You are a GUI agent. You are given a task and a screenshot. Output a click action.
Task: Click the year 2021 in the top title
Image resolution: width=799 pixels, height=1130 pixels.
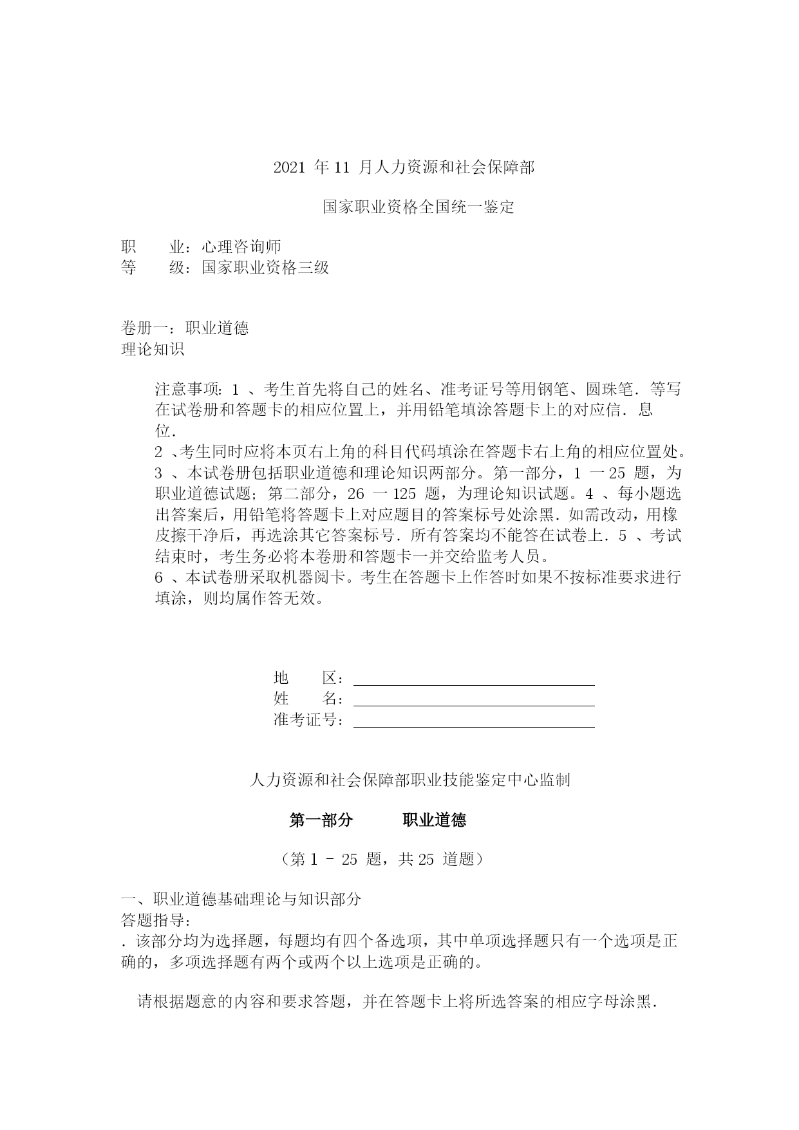(x=288, y=168)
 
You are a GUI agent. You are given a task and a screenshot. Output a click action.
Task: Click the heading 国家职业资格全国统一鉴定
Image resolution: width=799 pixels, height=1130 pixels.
(x=418, y=207)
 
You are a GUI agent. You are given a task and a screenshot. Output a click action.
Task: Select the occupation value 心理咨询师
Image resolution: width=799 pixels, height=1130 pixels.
(x=241, y=247)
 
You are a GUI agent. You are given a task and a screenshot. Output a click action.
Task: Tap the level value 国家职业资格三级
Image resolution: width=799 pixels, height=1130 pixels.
(x=265, y=267)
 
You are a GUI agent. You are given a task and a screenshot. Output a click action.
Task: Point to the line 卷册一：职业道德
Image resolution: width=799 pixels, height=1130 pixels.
(x=185, y=328)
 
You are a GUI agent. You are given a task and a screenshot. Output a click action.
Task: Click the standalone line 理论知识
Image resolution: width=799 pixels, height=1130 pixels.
(x=153, y=349)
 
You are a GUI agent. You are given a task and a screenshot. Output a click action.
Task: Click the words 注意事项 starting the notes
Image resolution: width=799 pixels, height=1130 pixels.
(x=187, y=390)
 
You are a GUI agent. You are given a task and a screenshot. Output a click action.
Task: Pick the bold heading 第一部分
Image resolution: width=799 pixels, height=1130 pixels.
(x=321, y=820)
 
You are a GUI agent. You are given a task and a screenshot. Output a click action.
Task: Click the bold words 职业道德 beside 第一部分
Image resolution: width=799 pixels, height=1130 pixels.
(x=435, y=820)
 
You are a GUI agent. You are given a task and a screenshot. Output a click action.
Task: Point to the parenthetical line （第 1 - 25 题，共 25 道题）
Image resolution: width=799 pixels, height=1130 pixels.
(x=382, y=860)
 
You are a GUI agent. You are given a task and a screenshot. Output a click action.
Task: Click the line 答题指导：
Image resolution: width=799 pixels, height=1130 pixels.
(x=156, y=920)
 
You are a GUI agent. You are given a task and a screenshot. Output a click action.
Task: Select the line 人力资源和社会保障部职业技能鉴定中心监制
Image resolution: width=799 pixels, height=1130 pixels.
(x=409, y=780)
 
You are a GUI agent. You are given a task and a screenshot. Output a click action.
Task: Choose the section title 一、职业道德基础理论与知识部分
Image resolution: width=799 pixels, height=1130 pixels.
(x=241, y=899)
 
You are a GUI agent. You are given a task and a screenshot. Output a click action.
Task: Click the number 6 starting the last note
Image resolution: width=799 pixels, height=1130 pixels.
(x=159, y=578)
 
